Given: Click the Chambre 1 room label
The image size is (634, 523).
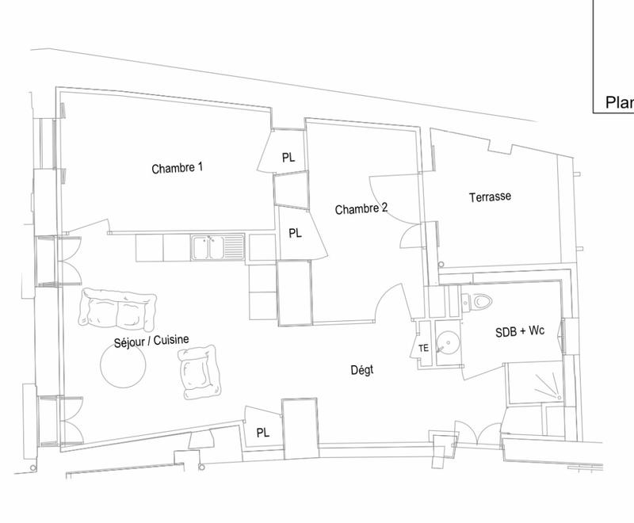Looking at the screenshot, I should [178, 168].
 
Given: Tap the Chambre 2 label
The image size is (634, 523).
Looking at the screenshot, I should [361, 209].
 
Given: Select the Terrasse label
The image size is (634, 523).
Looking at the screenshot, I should [489, 197].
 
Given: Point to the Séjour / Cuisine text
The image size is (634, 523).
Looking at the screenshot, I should [150, 340].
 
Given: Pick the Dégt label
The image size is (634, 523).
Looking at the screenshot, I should [361, 370].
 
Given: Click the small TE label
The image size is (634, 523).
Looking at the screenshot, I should [423, 349].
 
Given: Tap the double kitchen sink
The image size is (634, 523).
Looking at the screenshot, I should [220, 248].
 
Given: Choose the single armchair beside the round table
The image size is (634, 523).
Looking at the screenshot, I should [198, 372].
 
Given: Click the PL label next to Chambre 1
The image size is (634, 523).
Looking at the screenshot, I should [288, 158].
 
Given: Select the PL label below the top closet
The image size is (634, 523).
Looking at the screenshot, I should [295, 233].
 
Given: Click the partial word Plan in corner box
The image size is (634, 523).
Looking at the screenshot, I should [619, 102].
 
